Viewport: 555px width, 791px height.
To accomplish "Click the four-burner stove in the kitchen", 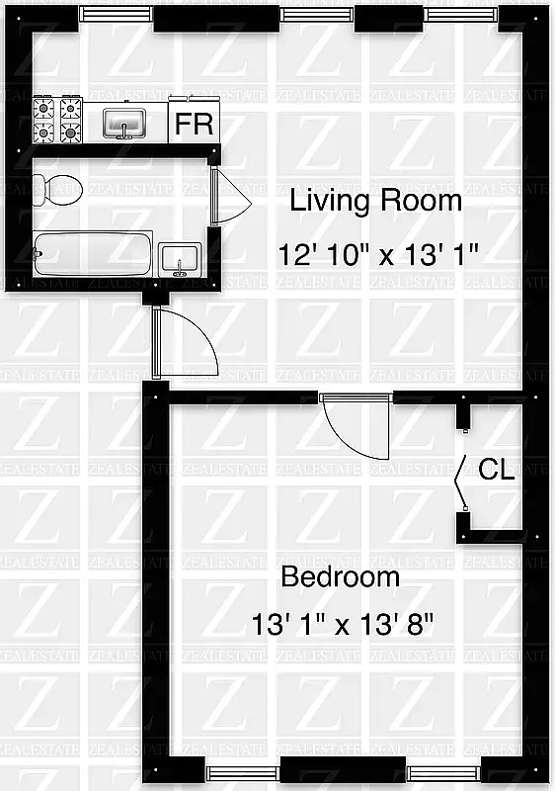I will tap(57, 119).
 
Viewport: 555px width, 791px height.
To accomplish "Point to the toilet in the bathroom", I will tap(57, 188).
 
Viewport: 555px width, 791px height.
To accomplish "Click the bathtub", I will tap(93, 254).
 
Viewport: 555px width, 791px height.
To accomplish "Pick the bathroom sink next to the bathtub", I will tap(180, 256).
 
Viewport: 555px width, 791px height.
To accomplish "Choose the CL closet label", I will tap(496, 471).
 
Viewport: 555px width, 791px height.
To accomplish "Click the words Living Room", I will tap(375, 202).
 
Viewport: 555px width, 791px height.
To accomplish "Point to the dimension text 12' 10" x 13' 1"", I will tap(378, 254).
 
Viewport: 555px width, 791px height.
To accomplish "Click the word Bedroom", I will tap(341, 576).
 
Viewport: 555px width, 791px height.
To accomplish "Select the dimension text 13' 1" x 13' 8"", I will tap(342, 626).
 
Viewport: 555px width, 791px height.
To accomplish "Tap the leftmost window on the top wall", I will tap(116, 14).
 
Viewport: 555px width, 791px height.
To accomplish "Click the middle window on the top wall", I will tap(317, 14).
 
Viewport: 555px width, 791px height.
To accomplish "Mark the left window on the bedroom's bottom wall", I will tap(243, 773).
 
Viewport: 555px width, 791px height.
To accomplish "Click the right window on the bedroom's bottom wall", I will tap(441, 773).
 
